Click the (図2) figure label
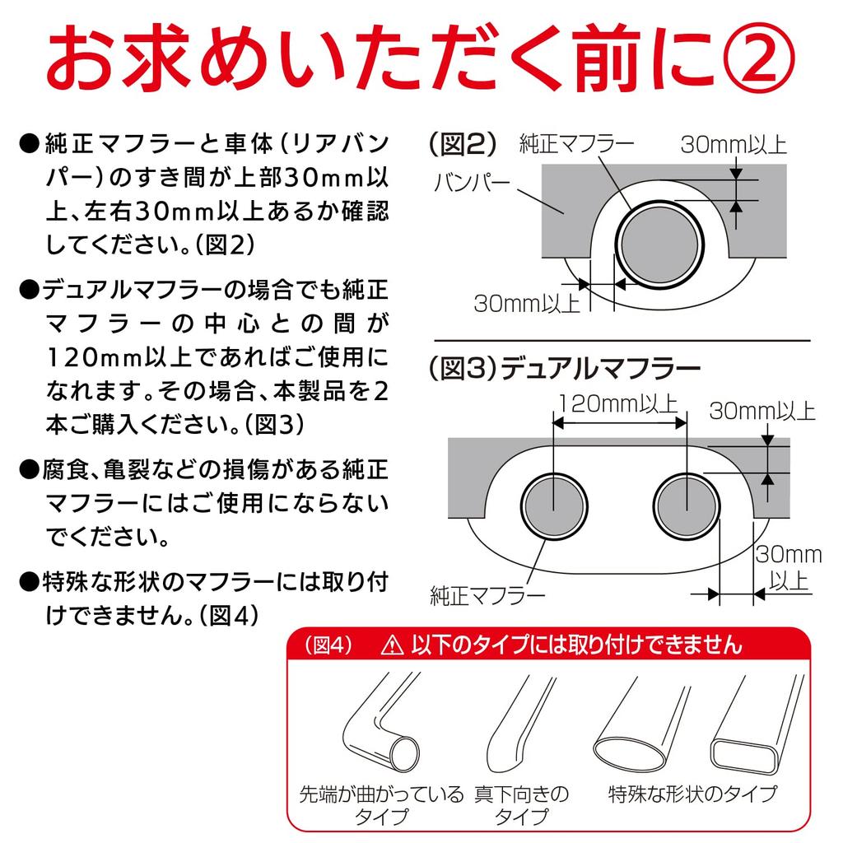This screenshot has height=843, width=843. click(x=463, y=146)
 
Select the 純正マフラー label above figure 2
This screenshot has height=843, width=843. click(x=577, y=146)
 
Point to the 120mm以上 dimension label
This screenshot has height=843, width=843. click(x=618, y=404)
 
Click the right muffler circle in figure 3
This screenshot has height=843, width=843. click(x=686, y=503)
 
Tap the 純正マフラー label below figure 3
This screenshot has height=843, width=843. click(x=487, y=594)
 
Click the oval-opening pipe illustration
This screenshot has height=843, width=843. click(x=639, y=724)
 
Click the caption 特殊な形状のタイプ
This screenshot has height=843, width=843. click(x=692, y=795)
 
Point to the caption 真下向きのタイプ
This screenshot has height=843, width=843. click(x=521, y=805)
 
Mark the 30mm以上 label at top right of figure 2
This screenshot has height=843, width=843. click(x=734, y=147)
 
